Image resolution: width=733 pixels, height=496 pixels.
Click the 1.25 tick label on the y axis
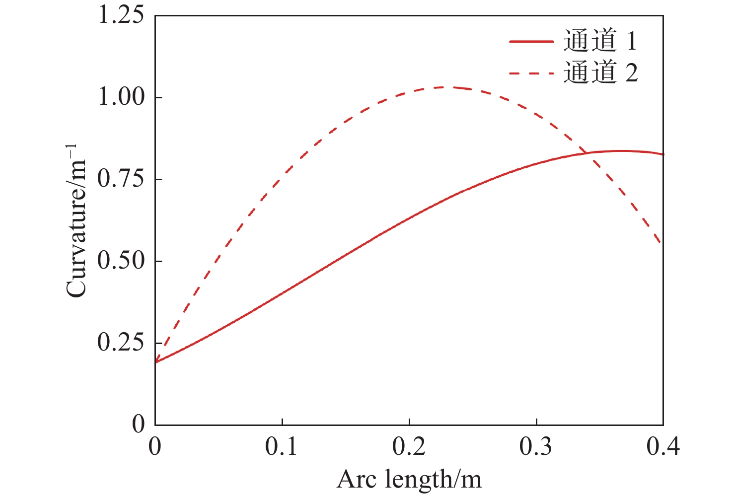[121, 15]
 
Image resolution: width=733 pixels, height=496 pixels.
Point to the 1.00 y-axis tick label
[121, 97]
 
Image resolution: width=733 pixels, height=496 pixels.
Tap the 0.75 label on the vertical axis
[121, 179]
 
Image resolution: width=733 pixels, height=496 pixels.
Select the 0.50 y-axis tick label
[121, 261]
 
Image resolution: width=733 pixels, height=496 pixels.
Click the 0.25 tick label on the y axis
[121, 343]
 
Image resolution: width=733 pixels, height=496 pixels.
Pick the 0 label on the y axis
[139, 425]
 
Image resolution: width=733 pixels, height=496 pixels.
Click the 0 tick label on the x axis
[155, 447]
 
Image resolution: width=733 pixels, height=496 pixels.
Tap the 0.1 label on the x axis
[282, 447]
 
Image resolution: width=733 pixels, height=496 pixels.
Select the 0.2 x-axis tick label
[409, 447]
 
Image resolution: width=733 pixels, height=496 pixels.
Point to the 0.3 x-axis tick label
[536, 447]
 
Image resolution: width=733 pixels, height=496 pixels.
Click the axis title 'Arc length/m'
[409, 480]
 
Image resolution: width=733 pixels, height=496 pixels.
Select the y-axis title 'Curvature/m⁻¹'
[77, 221]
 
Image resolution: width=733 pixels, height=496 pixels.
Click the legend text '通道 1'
[600, 41]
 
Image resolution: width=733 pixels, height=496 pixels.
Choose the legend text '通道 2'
[600, 73]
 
